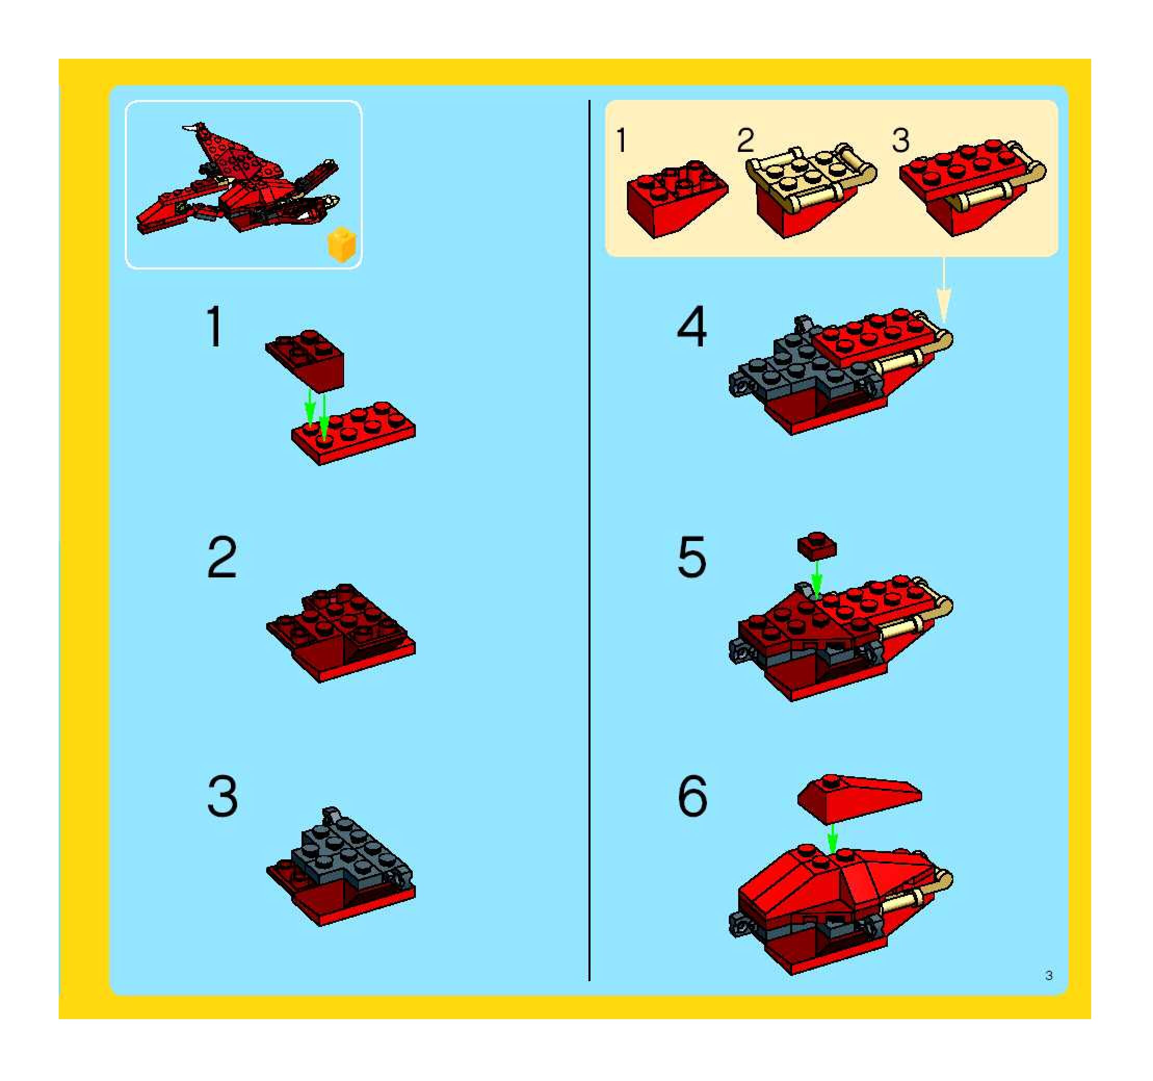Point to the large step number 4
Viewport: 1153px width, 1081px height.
(692, 327)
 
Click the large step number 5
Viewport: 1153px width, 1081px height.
(692, 557)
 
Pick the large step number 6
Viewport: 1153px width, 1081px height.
(692, 796)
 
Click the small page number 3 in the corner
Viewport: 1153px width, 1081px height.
(1049, 975)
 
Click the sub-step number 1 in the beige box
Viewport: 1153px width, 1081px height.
(622, 140)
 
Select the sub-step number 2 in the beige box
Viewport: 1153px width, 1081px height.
(746, 140)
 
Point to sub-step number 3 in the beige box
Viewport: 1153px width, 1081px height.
(901, 140)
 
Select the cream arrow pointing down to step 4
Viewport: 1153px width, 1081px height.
(944, 290)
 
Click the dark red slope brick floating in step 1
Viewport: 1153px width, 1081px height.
(306, 361)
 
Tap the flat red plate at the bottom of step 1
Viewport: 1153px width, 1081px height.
(353, 432)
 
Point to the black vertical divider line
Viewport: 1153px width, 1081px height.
(589, 540)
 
